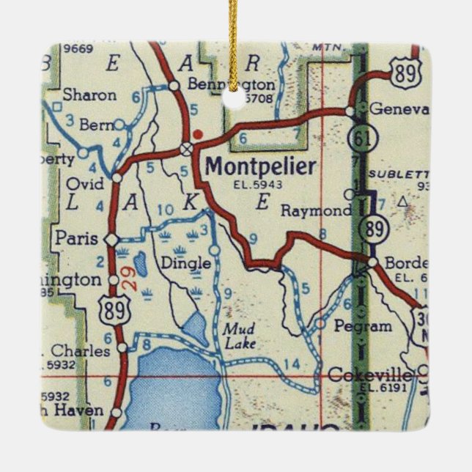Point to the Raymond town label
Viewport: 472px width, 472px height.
pyautogui.click(x=316, y=211)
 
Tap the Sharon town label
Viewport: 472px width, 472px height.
pyautogui.click(x=89, y=95)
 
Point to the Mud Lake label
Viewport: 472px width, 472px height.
pyautogui.click(x=239, y=336)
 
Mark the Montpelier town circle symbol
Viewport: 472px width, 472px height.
pyautogui.click(x=187, y=149)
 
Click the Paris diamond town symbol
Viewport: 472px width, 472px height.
pyautogui.click(x=111, y=240)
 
